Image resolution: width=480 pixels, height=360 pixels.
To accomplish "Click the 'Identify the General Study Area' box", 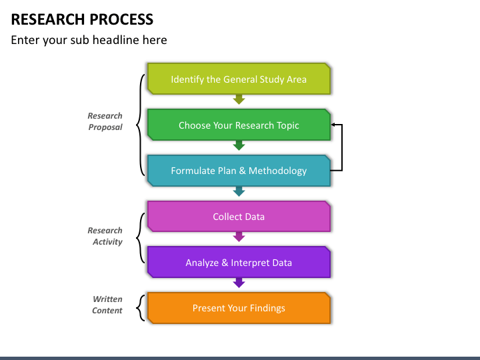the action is (239, 79).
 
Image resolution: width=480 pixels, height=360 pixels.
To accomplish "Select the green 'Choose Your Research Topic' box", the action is (239, 125).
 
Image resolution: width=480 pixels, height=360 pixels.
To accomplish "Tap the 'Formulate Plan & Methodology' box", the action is (239, 171).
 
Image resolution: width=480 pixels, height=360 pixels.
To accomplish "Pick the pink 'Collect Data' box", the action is (239, 217).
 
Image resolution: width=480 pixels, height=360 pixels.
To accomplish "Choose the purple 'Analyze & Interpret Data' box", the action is (239, 263).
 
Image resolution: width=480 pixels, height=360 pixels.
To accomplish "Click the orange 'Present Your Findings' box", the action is (239, 308).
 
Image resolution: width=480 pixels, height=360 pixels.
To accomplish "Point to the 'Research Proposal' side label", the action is (105, 121).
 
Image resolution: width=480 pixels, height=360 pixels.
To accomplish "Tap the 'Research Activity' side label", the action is (105, 236).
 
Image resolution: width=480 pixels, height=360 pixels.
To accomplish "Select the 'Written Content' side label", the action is (107, 305).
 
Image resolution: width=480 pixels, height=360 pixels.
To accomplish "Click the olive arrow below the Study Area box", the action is (239, 99).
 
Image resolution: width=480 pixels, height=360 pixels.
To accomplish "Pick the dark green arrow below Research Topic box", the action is (239, 145).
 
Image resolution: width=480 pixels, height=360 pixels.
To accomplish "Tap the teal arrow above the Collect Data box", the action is (239, 191).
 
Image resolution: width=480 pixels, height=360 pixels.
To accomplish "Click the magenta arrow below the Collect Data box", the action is (239, 237).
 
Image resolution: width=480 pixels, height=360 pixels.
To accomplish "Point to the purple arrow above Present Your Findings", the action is (239, 283).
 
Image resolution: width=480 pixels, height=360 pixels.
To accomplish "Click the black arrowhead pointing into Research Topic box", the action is (333, 125).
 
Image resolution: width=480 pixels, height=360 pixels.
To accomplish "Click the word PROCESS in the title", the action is (121, 19).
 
